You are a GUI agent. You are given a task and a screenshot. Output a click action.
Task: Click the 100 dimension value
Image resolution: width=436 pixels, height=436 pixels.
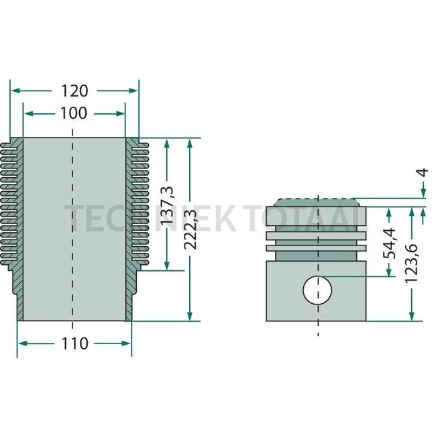coord(74,113)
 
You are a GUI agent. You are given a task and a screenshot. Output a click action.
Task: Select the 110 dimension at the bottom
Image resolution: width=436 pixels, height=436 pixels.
coord(74,343)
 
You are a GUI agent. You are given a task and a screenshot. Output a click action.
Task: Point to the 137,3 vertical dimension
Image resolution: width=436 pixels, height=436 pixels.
coord(170,205)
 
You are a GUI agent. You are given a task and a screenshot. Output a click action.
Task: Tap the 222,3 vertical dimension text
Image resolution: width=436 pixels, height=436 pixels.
coord(192,229)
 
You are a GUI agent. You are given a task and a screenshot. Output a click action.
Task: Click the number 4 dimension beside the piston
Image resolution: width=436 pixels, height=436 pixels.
coord(422,172)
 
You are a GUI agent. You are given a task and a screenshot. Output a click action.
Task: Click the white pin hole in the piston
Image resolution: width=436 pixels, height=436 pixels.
coord(317,290)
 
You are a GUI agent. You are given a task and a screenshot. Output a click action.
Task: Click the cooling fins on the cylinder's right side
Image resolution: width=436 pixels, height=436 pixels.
coord(137,208)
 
